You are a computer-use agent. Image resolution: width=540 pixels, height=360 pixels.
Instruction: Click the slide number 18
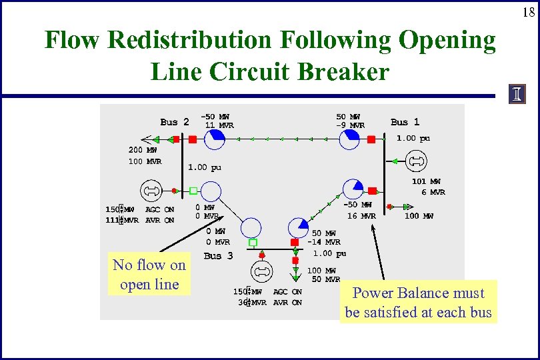[527, 12]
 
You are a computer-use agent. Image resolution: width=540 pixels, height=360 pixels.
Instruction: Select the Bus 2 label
[175, 122]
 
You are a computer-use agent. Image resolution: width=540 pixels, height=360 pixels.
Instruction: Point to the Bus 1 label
[405, 122]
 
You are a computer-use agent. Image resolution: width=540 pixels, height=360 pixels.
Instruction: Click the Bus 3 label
[218, 255]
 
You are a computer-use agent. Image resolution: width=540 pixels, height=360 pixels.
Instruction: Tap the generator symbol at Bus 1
[416, 161]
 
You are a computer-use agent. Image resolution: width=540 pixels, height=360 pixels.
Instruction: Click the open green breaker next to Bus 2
[193, 191]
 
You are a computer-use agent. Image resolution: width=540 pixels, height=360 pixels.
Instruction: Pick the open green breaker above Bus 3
[253, 242]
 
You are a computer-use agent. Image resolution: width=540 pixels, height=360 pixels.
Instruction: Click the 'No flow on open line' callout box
[149, 275]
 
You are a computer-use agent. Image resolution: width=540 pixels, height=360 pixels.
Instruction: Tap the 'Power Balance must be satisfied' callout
[418, 303]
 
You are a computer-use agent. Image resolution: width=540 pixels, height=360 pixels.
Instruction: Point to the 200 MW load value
[143, 151]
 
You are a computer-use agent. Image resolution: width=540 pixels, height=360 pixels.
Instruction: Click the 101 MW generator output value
[426, 181]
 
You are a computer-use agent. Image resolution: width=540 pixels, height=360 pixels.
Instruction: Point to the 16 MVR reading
[361, 215]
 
